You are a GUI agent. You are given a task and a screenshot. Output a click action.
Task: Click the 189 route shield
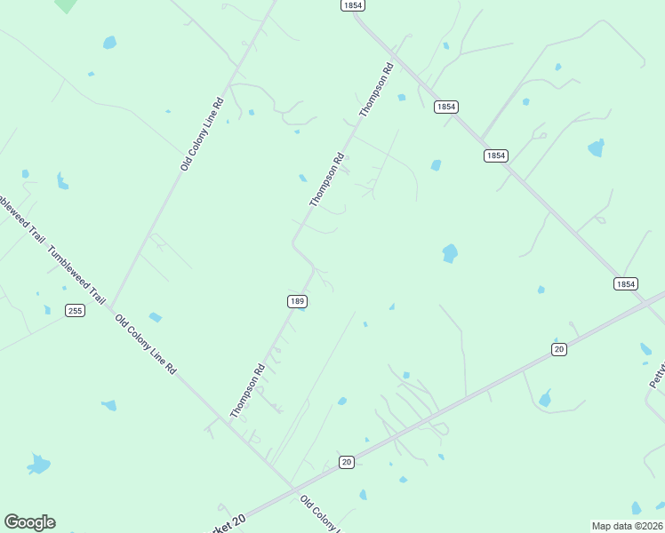[x=297, y=302]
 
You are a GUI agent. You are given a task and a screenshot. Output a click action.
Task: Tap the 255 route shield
[x=75, y=310]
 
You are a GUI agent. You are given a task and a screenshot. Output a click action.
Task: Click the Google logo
[x=29, y=522]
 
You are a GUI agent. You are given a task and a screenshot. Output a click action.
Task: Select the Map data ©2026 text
[x=627, y=526]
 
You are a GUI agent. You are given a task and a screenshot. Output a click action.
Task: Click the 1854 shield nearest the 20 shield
[x=625, y=283]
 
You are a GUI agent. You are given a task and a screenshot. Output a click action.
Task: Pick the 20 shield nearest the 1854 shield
[x=558, y=349]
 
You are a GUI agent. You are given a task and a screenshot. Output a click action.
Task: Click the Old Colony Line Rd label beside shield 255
[x=146, y=342]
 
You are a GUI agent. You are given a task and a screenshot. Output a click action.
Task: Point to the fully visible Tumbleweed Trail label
[x=77, y=275]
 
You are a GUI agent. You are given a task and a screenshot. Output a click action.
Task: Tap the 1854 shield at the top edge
[x=352, y=5]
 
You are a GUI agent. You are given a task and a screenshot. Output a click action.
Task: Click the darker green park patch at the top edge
[x=65, y=4]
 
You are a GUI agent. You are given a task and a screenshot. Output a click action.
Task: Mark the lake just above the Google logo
[x=38, y=464]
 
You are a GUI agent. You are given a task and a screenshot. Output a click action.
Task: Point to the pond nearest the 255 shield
[x=48, y=309]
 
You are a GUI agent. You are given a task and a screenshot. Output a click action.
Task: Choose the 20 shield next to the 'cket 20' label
[x=347, y=462]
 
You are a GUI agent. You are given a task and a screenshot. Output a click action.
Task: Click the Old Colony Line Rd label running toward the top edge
[x=202, y=134]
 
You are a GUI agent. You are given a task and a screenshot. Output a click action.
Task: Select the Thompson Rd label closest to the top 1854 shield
[x=376, y=90]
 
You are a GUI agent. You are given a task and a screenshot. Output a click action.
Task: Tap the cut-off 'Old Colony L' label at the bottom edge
[x=318, y=514]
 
